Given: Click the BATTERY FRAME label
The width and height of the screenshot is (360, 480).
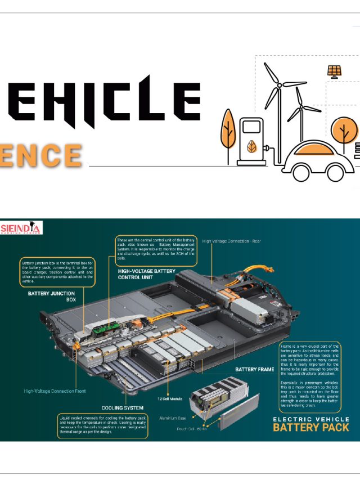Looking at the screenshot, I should click(254, 369).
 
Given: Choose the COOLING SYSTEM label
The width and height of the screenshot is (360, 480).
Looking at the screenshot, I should click(122, 407).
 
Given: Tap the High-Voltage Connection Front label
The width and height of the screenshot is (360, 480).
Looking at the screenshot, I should click(55, 391).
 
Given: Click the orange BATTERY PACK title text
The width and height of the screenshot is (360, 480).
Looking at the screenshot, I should click(310, 427).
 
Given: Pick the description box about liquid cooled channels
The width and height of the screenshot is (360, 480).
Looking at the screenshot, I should click(102, 427).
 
